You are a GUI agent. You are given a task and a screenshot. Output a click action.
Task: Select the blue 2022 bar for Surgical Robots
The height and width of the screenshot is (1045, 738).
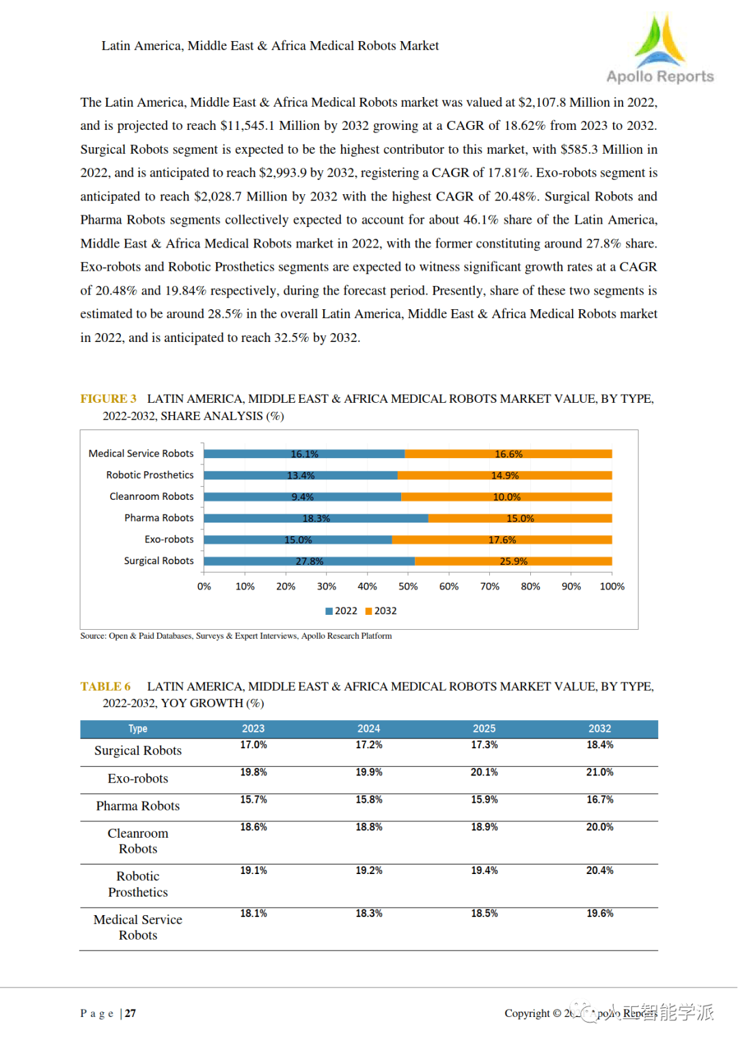tap(309, 561)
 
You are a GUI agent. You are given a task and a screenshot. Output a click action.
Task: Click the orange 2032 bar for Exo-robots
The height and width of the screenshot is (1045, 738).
tap(502, 540)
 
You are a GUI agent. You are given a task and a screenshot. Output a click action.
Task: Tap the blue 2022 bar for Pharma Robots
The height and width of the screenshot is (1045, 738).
tap(316, 518)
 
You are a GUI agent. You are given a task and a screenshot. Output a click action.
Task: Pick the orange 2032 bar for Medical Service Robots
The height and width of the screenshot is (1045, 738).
tap(508, 454)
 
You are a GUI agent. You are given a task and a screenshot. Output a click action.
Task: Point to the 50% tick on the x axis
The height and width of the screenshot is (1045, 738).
tap(408, 586)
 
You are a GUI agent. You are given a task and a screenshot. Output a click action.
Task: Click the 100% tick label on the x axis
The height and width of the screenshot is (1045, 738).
tap(612, 586)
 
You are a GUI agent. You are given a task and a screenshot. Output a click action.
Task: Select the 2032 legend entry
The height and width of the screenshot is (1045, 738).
tap(381, 611)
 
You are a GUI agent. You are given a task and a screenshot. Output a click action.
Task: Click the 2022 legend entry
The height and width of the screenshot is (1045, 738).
tap(342, 611)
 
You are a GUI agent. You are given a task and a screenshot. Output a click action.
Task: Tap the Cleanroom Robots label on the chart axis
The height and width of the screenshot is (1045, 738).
tap(151, 497)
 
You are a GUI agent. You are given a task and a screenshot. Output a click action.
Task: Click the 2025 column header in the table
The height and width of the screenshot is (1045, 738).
tap(484, 729)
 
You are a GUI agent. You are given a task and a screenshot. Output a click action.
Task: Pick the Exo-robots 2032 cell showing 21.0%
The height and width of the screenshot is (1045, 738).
tap(599, 772)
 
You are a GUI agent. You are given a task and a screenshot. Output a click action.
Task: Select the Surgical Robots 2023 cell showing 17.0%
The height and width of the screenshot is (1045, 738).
tap(253, 745)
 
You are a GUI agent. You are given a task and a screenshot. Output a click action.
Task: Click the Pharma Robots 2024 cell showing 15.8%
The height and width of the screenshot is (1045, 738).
tap(368, 799)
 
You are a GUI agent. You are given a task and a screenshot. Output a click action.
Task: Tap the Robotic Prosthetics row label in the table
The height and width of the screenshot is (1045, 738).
tap(137, 884)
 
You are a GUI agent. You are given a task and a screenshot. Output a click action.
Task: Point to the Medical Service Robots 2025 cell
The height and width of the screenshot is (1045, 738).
tap(484, 914)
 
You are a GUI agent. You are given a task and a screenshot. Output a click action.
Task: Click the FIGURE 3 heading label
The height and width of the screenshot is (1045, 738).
tap(108, 399)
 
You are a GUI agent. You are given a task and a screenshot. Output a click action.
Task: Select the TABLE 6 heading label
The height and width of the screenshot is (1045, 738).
tap(105, 687)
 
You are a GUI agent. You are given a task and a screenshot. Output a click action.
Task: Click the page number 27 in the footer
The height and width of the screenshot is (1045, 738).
tap(131, 1014)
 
